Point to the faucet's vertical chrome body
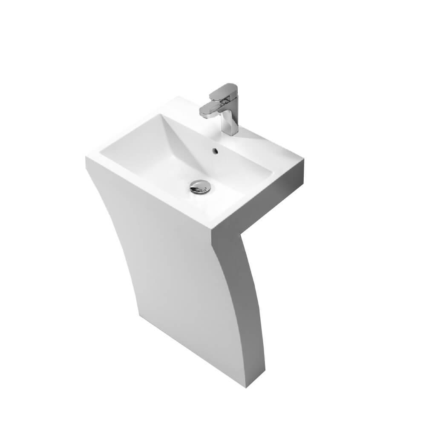(x=230, y=121)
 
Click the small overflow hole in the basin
(x=215, y=150)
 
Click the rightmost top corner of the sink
(x=303, y=161)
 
